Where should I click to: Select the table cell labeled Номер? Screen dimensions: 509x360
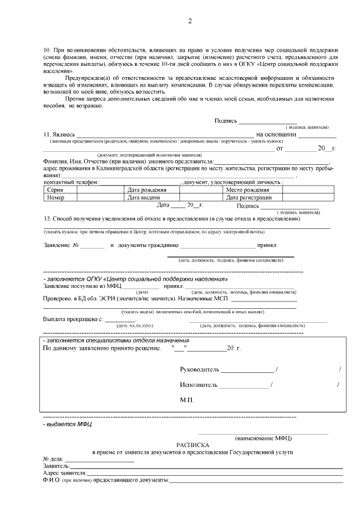point(56,197)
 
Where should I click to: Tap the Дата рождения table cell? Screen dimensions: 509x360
point(146,190)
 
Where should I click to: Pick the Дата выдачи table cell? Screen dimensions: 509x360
point(142,197)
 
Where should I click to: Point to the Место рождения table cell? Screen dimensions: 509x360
point(247,190)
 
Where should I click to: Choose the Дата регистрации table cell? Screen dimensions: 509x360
point(249,197)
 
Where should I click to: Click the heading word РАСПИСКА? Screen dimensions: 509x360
point(192,444)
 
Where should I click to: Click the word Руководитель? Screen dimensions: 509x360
point(199,370)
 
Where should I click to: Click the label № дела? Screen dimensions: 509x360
point(53,459)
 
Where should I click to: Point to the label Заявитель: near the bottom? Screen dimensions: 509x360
point(56,466)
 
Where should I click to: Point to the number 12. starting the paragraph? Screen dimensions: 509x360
point(47,218)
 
